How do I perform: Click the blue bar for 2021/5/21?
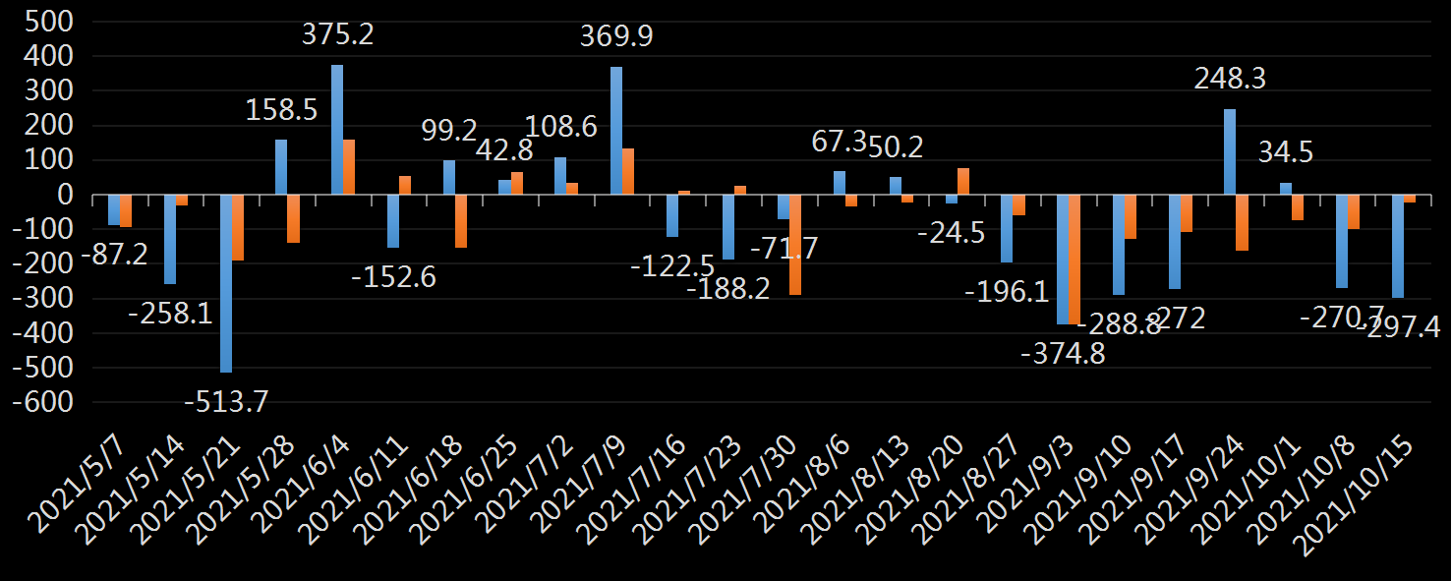click(x=225, y=283)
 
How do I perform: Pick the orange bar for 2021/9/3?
click(x=1074, y=260)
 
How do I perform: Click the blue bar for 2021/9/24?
click(x=1229, y=151)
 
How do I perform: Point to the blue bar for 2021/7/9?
click(x=616, y=131)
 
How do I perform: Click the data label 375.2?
click(x=337, y=35)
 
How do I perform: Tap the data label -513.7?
click(x=227, y=401)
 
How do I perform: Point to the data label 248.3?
click(x=1230, y=79)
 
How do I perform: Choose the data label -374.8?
click(x=1063, y=353)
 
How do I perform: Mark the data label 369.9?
click(x=616, y=37)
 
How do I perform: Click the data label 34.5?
click(x=1285, y=152)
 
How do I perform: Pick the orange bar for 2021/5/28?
click(x=293, y=218)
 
